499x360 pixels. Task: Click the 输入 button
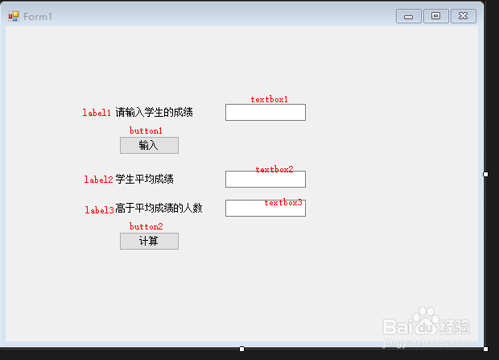click(x=149, y=145)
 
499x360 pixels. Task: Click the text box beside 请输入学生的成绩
click(x=265, y=113)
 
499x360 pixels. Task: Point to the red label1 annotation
click(x=97, y=113)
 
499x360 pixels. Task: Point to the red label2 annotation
click(x=98, y=180)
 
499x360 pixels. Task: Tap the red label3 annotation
click(x=99, y=210)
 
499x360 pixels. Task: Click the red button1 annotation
click(x=146, y=130)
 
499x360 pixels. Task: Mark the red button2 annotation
click(x=146, y=227)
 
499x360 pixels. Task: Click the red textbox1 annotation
click(x=269, y=100)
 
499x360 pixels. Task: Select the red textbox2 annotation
click(x=274, y=170)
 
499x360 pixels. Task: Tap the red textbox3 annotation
click(x=283, y=203)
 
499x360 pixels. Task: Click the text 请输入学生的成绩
click(x=154, y=112)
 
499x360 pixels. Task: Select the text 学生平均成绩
click(x=145, y=179)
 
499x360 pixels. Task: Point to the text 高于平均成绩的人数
click(x=159, y=209)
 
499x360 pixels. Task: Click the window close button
click(x=463, y=16)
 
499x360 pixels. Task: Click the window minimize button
click(x=409, y=16)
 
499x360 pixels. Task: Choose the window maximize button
click(x=435, y=16)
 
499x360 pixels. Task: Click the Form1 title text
click(x=38, y=17)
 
